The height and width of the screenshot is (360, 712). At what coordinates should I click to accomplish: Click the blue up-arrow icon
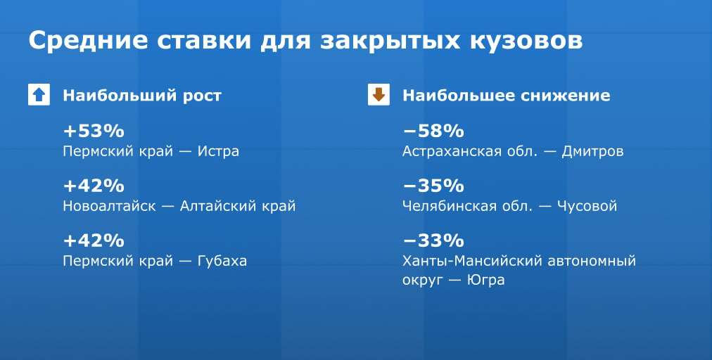[39, 95]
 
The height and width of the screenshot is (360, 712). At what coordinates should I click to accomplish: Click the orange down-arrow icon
[379, 95]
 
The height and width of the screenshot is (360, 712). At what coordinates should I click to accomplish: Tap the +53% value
[94, 131]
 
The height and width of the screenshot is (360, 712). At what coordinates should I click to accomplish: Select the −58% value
[433, 131]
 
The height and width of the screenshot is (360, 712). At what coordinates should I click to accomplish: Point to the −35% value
[433, 186]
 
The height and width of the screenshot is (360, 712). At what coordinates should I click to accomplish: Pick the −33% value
[433, 240]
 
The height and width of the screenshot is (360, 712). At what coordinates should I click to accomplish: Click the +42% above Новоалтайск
[94, 186]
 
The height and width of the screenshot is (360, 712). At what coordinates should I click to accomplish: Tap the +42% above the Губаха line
[94, 240]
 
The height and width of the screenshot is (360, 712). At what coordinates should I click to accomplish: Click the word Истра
[218, 151]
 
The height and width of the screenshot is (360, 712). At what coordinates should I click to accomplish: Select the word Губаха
[222, 262]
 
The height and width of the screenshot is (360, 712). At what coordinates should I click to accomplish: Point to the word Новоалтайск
[109, 206]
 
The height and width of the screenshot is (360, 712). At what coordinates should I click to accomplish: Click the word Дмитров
[592, 151]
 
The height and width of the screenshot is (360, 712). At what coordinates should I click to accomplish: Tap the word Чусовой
[587, 206]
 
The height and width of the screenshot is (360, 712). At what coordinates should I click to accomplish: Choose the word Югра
[486, 280]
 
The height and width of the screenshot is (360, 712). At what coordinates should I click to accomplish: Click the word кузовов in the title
[526, 41]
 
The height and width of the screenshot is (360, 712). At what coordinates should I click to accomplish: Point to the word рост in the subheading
[202, 96]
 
